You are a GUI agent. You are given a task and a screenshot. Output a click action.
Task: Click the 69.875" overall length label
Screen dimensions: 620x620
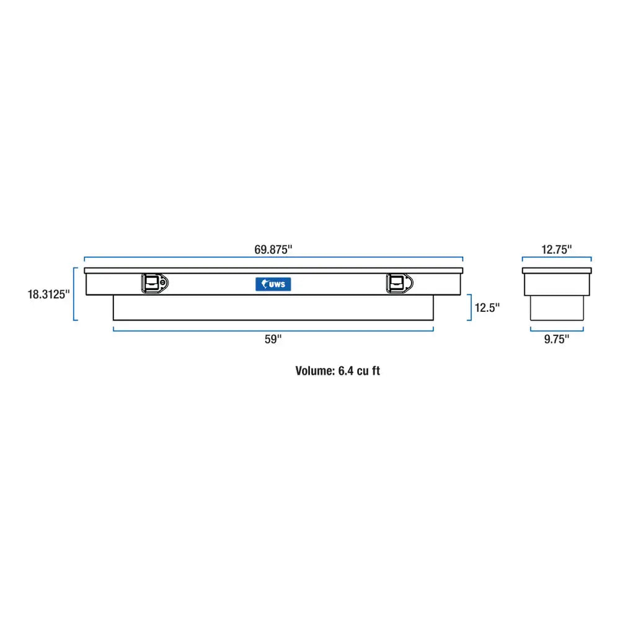click(273, 249)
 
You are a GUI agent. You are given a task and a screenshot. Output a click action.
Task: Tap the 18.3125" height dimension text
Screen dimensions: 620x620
click(48, 294)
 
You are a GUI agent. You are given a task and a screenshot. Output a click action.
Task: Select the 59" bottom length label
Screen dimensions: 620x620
click(273, 339)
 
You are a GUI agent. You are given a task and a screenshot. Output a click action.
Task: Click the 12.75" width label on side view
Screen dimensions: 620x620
click(556, 249)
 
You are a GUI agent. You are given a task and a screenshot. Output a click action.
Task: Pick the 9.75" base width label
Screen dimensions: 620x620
click(556, 339)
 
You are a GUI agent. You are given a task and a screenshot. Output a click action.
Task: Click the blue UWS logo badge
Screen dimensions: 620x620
click(273, 283)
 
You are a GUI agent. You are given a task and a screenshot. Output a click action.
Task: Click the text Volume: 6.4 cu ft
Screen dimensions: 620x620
click(337, 371)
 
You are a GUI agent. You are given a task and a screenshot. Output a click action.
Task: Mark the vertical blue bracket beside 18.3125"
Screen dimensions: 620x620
click(74, 294)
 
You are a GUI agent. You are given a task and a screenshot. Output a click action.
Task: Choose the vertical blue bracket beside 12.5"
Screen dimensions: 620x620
click(469, 307)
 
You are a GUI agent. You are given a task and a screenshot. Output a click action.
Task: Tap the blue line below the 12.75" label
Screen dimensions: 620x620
click(556, 259)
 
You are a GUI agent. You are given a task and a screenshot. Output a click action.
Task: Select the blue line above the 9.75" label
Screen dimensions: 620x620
click(556, 329)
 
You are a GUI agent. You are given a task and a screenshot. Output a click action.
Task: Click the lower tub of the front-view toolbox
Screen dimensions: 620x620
click(273, 308)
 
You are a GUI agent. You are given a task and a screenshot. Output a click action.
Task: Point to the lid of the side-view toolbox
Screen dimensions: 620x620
click(556, 270)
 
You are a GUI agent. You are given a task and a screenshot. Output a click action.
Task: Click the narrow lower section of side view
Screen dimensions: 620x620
click(556, 308)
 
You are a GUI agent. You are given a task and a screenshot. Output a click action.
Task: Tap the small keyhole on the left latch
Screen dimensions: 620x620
click(162, 283)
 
